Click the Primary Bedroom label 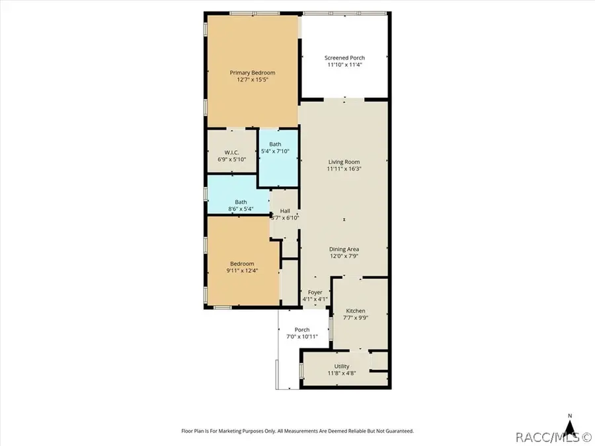[x=252, y=73]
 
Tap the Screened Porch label [x=344, y=57]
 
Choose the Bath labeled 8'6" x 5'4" [x=241, y=202]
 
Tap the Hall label [x=285, y=211]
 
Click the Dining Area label [x=344, y=249]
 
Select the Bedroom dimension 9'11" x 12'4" [x=242, y=271]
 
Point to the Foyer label [x=315, y=292]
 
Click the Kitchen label [x=355, y=311]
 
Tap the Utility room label [x=342, y=367]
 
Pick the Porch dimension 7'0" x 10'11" [x=302, y=337]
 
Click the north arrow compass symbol [x=569, y=426]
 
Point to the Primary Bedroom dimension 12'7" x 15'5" [x=252, y=80]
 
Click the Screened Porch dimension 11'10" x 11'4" [x=344, y=65]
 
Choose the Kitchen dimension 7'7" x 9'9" [x=355, y=318]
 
